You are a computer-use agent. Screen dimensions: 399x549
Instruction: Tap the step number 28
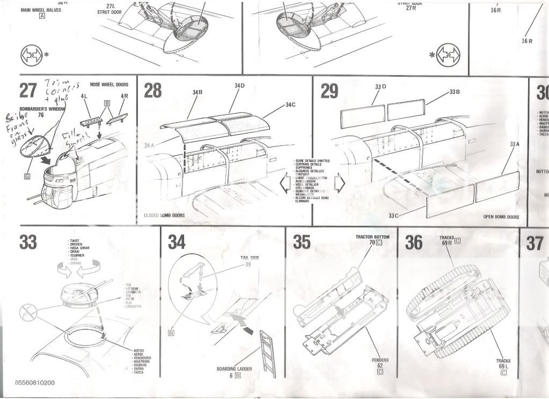(x=153, y=91)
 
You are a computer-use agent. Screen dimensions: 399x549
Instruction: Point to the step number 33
(x=28, y=242)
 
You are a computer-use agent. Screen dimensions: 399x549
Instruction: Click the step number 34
(x=177, y=242)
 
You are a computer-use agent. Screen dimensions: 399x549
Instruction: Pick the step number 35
(x=302, y=242)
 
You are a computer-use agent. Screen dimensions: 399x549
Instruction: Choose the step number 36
(x=414, y=242)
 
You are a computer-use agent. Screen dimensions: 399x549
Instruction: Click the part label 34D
(x=239, y=86)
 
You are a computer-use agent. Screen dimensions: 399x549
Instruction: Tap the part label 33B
(x=455, y=92)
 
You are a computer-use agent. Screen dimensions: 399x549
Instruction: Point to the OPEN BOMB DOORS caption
(x=501, y=217)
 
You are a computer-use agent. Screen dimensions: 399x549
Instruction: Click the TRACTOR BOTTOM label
(x=372, y=237)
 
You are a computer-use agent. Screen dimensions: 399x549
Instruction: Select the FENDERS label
(x=380, y=360)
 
